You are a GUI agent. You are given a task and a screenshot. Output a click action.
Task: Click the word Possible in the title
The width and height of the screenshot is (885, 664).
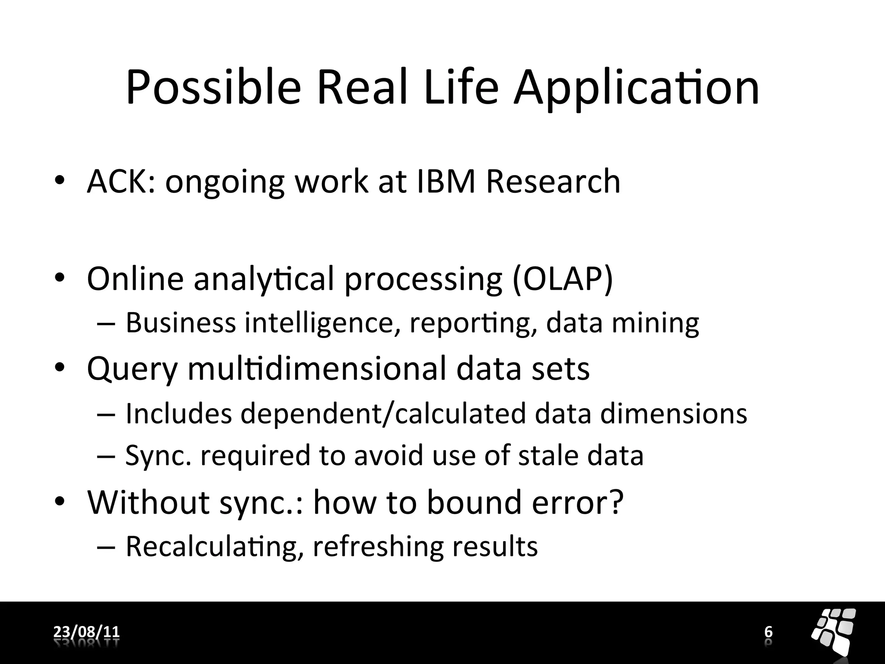pos(213,89)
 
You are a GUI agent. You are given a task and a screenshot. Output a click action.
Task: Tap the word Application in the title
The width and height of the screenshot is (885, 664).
pos(636,89)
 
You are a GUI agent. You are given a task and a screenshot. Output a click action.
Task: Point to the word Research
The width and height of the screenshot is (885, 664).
pos(553,182)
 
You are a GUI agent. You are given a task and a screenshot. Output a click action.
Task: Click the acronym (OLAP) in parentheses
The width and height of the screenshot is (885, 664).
pos(562,279)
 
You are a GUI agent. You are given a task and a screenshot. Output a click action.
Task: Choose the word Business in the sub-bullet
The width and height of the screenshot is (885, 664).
pos(181,323)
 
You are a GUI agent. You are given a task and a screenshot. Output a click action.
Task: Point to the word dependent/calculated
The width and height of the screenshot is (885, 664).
pos(383,414)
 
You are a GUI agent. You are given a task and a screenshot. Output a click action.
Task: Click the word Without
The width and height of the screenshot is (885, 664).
pos(148,502)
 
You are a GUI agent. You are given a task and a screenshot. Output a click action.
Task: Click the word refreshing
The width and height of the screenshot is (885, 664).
pos(378,547)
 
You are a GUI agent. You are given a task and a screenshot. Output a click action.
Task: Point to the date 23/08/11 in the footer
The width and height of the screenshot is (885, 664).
pos(86,632)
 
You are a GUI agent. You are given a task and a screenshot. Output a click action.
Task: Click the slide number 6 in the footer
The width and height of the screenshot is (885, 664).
pos(768,632)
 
